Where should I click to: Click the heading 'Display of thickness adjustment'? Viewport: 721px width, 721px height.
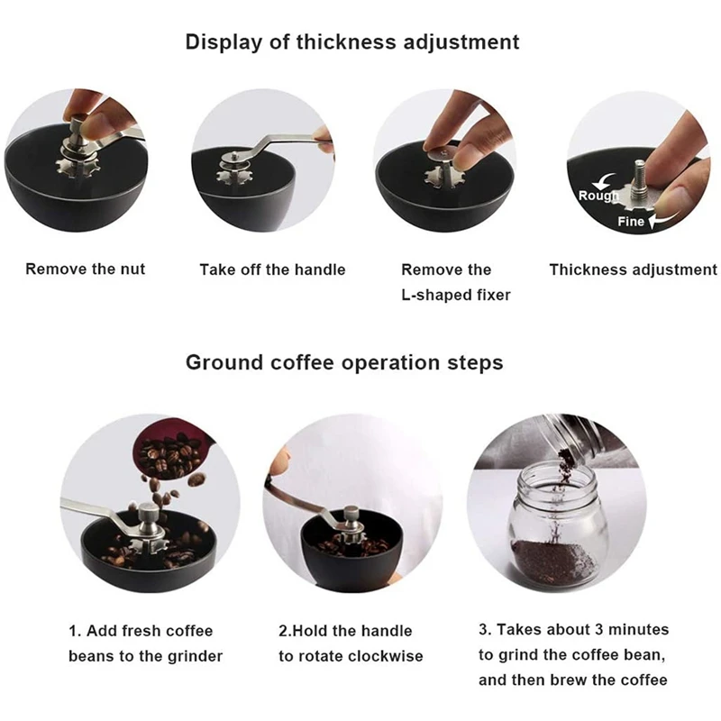click(352, 41)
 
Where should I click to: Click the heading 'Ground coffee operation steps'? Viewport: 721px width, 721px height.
click(344, 362)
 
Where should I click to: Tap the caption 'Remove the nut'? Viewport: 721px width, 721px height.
click(85, 269)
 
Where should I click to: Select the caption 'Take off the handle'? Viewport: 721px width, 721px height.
click(272, 269)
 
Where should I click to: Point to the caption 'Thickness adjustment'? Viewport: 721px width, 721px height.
click(633, 269)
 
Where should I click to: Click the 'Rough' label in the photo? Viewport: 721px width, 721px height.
click(598, 196)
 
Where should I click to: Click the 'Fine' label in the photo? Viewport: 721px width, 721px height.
click(631, 221)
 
